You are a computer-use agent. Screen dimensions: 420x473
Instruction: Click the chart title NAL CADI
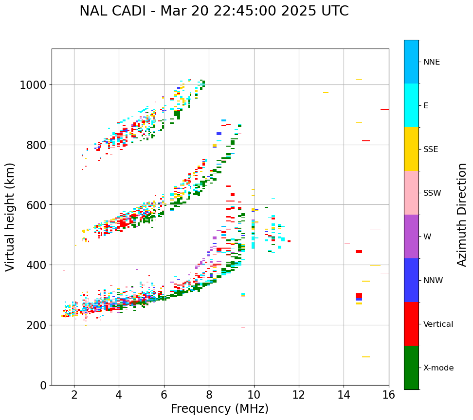click(x=214, y=11)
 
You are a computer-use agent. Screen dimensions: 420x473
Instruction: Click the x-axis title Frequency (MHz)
click(x=219, y=409)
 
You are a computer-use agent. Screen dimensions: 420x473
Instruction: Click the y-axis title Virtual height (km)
click(x=11, y=217)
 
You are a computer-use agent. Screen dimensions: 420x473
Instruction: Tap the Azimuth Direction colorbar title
click(x=462, y=215)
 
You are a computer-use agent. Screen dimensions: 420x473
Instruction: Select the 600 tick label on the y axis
click(x=36, y=205)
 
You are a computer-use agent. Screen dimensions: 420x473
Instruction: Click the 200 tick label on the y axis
click(x=36, y=325)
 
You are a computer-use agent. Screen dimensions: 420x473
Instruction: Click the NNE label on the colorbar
click(x=432, y=62)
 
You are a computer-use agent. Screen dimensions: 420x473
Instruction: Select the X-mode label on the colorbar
click(x=438, y=368)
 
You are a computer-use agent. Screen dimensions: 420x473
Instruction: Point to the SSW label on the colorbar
click(x=432, y=193)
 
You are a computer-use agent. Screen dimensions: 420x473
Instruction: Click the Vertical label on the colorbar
click(x=438, y=324)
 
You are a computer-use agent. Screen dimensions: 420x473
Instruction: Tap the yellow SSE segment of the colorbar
click(x=411, y=149)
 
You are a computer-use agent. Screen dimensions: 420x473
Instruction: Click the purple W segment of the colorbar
click(x=411, y=236)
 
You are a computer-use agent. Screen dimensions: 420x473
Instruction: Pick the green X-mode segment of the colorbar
click(x=411, y=368)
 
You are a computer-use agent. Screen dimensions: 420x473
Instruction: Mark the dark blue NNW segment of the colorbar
click(x=411, y=280)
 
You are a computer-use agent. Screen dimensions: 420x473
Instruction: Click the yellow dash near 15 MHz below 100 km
click(x=365, y=357)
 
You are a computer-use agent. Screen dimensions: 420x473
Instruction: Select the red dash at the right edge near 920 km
click(x=384, y=109)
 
